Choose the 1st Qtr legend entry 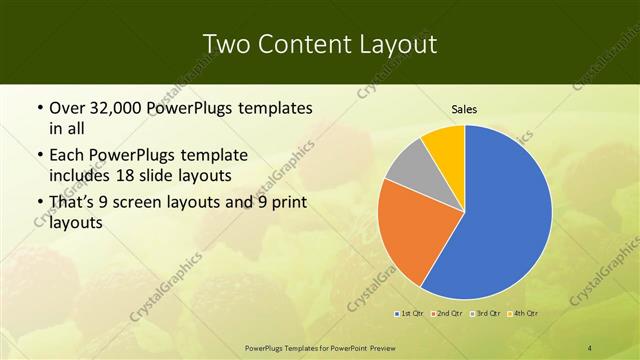[409, 314]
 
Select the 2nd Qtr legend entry [448, 314]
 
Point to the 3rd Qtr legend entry [487, 314]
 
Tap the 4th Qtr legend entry [525, 314]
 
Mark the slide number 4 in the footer [589, 347]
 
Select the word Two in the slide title [226, 44]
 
